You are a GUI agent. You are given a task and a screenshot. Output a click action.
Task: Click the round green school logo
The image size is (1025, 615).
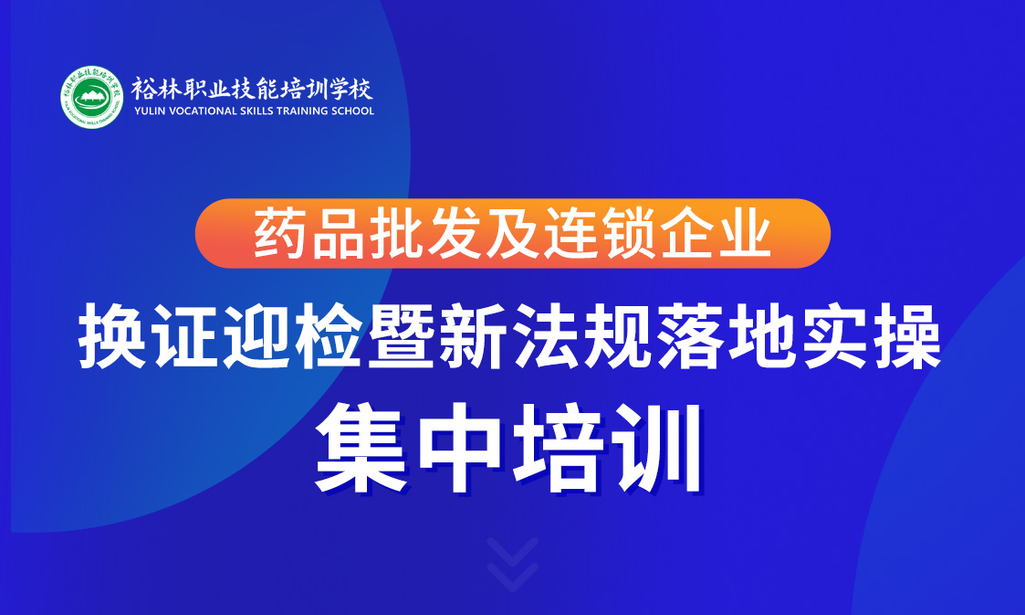tap(92, 98)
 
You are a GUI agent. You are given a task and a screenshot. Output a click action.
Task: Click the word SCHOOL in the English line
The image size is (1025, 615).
tap(353, 111)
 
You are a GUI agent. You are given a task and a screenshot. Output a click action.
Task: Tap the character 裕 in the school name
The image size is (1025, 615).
tap(143, 89)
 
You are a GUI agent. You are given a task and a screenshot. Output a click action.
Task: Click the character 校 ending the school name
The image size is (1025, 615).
tap(361, 89)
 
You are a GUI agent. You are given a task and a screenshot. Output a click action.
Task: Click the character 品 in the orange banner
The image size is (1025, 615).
tap(339, 233)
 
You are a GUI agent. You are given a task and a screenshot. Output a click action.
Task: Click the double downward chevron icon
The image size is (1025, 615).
tap(513, 564)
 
